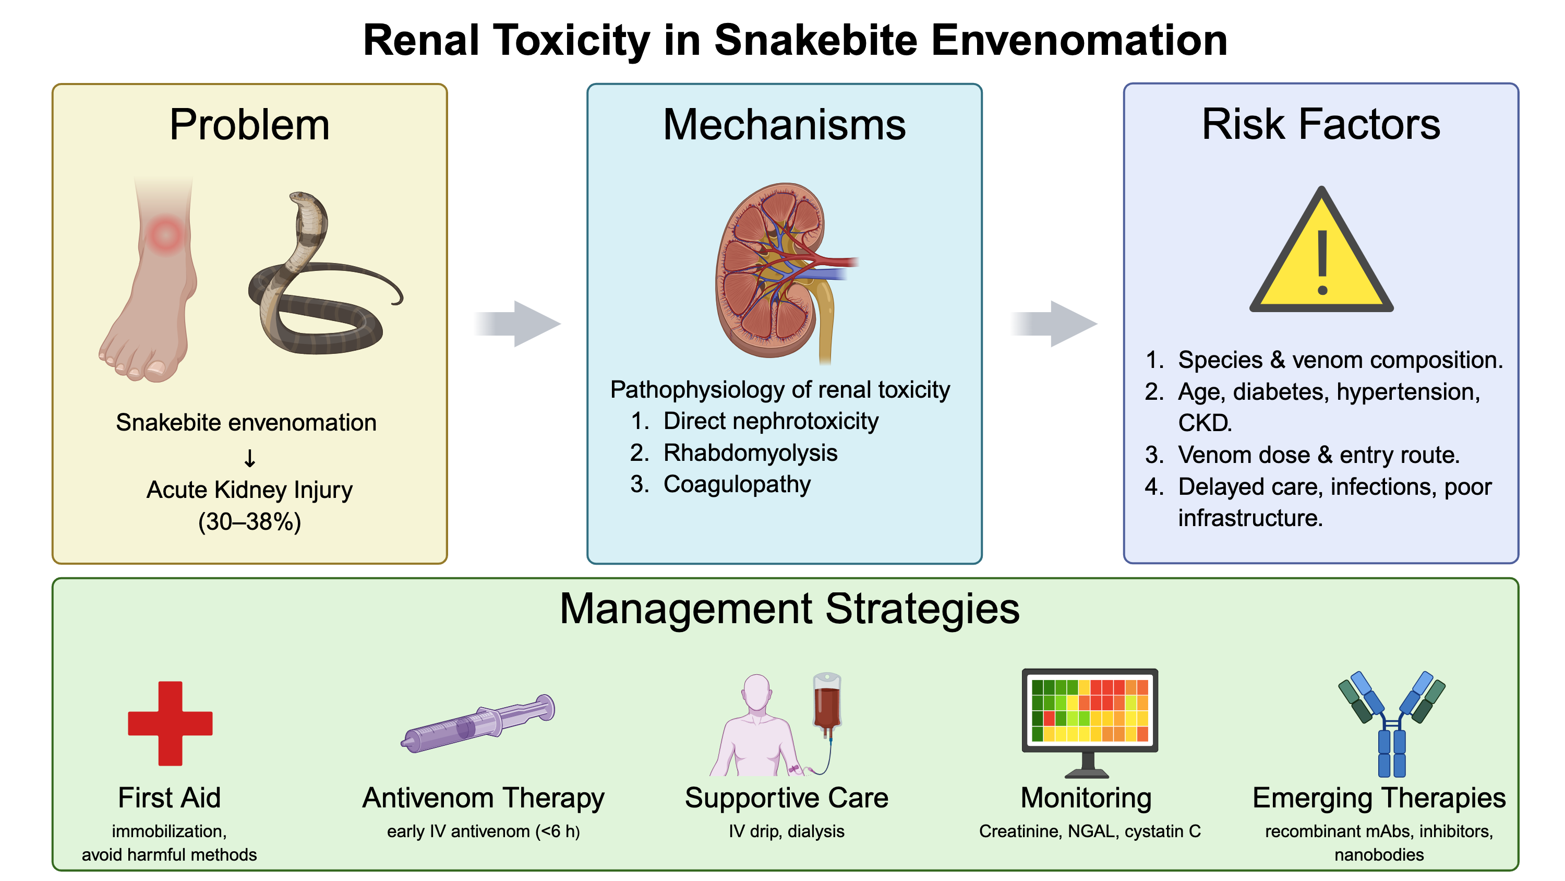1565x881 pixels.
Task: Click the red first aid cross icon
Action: click(170, 723)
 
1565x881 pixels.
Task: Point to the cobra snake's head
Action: click(302, 199)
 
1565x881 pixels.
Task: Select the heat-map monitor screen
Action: click(1089, 710)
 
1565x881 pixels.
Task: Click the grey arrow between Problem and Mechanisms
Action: click(517, 324)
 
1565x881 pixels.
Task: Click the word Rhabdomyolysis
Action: click(750, 453)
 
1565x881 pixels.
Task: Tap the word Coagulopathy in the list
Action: click(737, 484)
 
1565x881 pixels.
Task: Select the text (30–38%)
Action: click(250, 522)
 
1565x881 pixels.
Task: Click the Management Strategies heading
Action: click(789, 609)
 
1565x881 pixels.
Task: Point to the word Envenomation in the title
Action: click(1079, 41)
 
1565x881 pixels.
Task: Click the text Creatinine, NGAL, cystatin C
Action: click(1090, 831)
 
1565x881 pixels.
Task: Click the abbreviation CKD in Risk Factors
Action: click(1204, 423)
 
